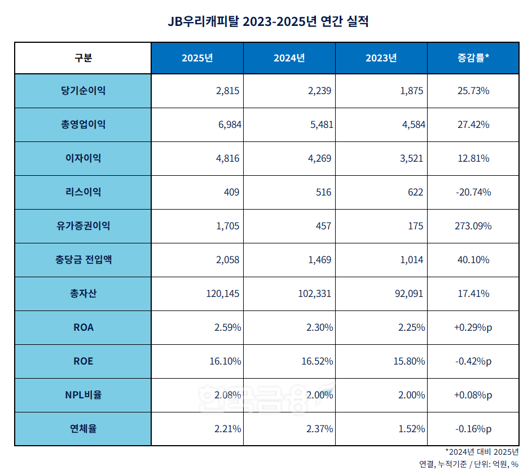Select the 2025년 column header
point(197,58)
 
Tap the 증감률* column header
point(473,58)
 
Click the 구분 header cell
point(83,58)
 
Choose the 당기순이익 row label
point(83,91)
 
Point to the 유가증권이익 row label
point(83,226)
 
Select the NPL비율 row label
point(83,395)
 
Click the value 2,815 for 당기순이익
point(227,91)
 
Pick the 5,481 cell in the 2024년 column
point(319,125)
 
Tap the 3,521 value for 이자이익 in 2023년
point(411,158)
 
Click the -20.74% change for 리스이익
point(473,192)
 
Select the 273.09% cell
point(473,226)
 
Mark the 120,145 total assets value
point(224,294)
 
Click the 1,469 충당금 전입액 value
point(319,260)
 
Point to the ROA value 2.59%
point(227,327)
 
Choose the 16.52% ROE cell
point(316,361)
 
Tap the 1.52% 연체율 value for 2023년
point(411,429)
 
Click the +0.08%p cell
point(473,395)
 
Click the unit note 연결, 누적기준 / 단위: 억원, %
point(468,464)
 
